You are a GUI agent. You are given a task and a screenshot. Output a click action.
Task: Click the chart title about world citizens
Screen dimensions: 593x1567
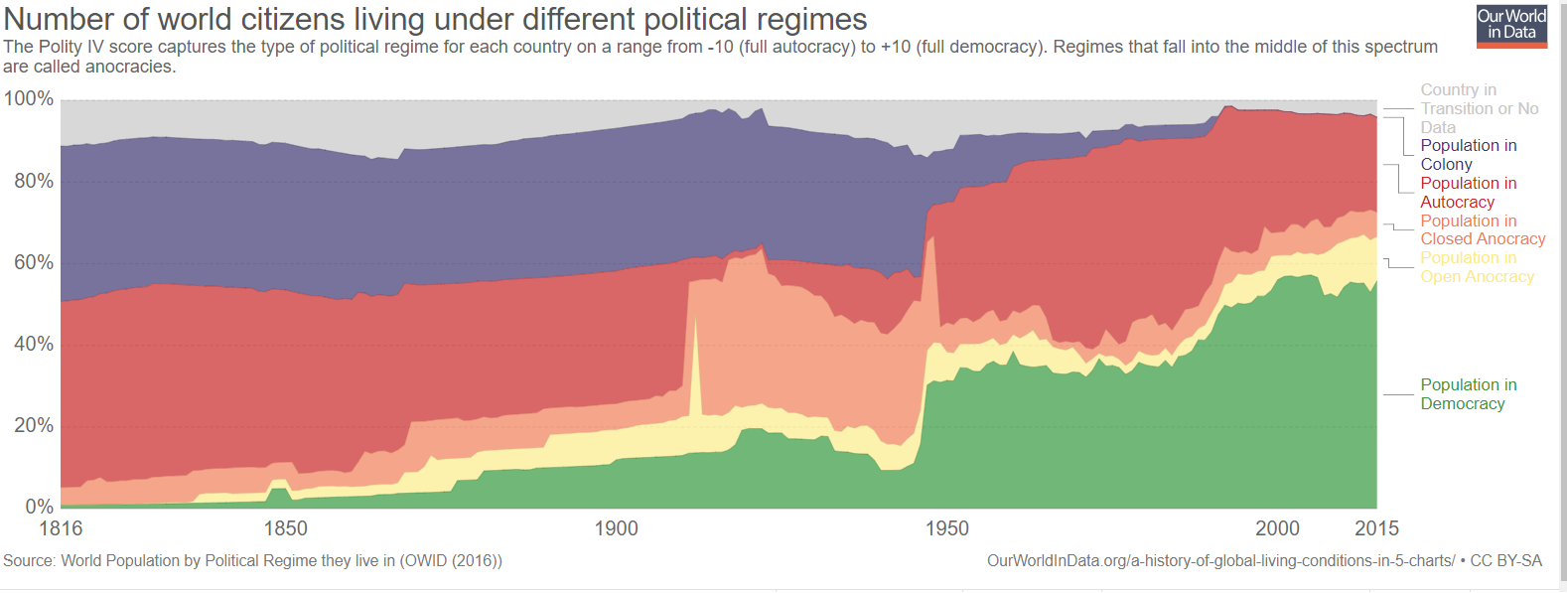435,19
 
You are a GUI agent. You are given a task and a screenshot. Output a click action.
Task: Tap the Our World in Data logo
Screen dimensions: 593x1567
1511,25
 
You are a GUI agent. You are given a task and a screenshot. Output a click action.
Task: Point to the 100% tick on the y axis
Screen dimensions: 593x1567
29,98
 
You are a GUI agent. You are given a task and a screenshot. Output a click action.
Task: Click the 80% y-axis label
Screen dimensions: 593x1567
33,181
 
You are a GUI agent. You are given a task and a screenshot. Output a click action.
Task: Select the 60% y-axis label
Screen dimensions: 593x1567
33,262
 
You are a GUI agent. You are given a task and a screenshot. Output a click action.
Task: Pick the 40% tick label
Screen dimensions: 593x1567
33,344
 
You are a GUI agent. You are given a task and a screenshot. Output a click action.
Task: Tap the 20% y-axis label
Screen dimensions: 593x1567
33,425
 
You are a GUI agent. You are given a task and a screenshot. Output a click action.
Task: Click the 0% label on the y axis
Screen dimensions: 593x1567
39,507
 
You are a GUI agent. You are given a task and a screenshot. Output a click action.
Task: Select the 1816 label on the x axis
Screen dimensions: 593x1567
61,528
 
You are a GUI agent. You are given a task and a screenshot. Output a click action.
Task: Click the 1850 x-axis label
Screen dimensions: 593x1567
285,528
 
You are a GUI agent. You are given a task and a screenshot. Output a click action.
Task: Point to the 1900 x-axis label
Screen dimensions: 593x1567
616,528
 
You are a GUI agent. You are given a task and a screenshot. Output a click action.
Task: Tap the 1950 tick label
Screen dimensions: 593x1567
946,528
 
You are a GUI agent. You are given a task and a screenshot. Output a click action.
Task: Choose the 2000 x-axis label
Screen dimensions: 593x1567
1277,528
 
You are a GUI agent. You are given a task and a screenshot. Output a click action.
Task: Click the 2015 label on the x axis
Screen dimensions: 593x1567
1376,528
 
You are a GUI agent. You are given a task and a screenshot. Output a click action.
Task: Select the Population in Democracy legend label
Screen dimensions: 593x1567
1468,394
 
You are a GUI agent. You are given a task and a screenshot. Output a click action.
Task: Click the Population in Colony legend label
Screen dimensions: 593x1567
1468,155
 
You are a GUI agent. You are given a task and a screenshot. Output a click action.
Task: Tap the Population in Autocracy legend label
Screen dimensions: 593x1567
1468,193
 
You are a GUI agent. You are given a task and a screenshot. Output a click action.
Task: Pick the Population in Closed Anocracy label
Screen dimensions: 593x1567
1482,229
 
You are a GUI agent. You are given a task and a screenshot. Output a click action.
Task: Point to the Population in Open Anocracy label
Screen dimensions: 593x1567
1477,267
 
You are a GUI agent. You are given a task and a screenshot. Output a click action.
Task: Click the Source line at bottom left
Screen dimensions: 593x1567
252,561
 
